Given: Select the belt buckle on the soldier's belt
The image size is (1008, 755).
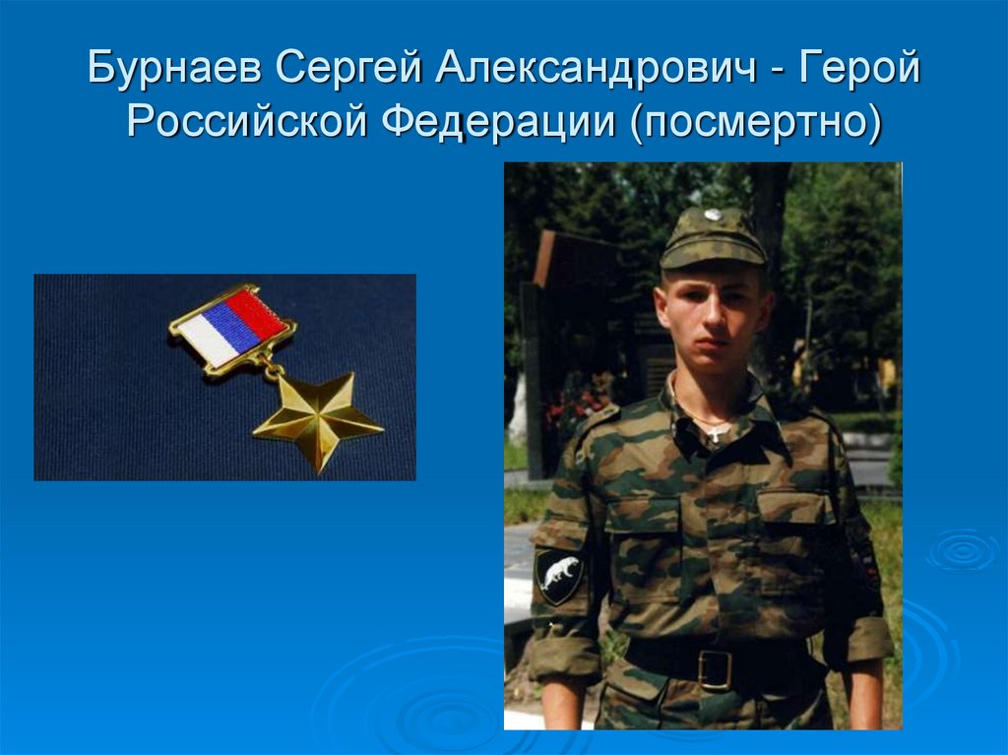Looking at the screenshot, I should point(715,668).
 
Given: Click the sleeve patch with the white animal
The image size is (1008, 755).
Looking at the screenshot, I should point(558,575).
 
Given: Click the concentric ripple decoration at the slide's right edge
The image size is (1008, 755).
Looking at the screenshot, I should point(960,549).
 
